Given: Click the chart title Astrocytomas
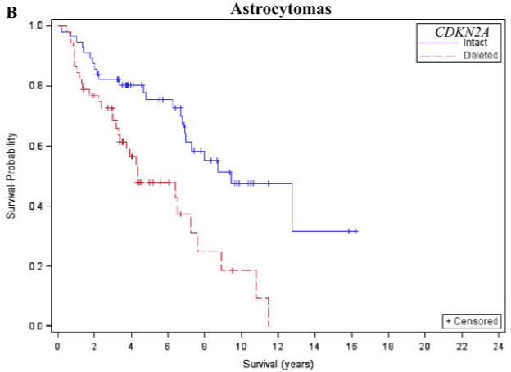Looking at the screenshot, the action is click(281, 9).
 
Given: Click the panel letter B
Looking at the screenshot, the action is click(11, 13).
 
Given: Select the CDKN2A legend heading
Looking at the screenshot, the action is click(462, 32).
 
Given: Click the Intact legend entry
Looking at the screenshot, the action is click(475, 43).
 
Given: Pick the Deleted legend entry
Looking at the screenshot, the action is click(481, 55).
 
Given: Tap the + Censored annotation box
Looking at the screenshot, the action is click(472, 321).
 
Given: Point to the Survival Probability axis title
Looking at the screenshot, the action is click(11, 175).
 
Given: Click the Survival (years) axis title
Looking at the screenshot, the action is click(278, 364).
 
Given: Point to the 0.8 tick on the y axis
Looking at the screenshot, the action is click(36, 86).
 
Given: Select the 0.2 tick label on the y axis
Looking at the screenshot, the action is click(36, 266).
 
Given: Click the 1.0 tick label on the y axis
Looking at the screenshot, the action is click(36, 25).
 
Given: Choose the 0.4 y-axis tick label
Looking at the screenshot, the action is click(36, 206).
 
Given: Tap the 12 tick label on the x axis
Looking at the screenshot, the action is click(278, 347).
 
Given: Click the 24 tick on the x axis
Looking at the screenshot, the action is click(498, 347).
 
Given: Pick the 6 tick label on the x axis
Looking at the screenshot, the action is click(168, 347).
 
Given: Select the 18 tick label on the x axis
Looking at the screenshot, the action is click(388, 347).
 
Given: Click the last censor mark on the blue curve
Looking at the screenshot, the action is click(355, 231).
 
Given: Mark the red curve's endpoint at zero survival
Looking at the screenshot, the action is click(269, 325).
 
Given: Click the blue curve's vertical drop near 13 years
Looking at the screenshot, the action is click(292, 207).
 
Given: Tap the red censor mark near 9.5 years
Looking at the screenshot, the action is click(233, 270).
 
